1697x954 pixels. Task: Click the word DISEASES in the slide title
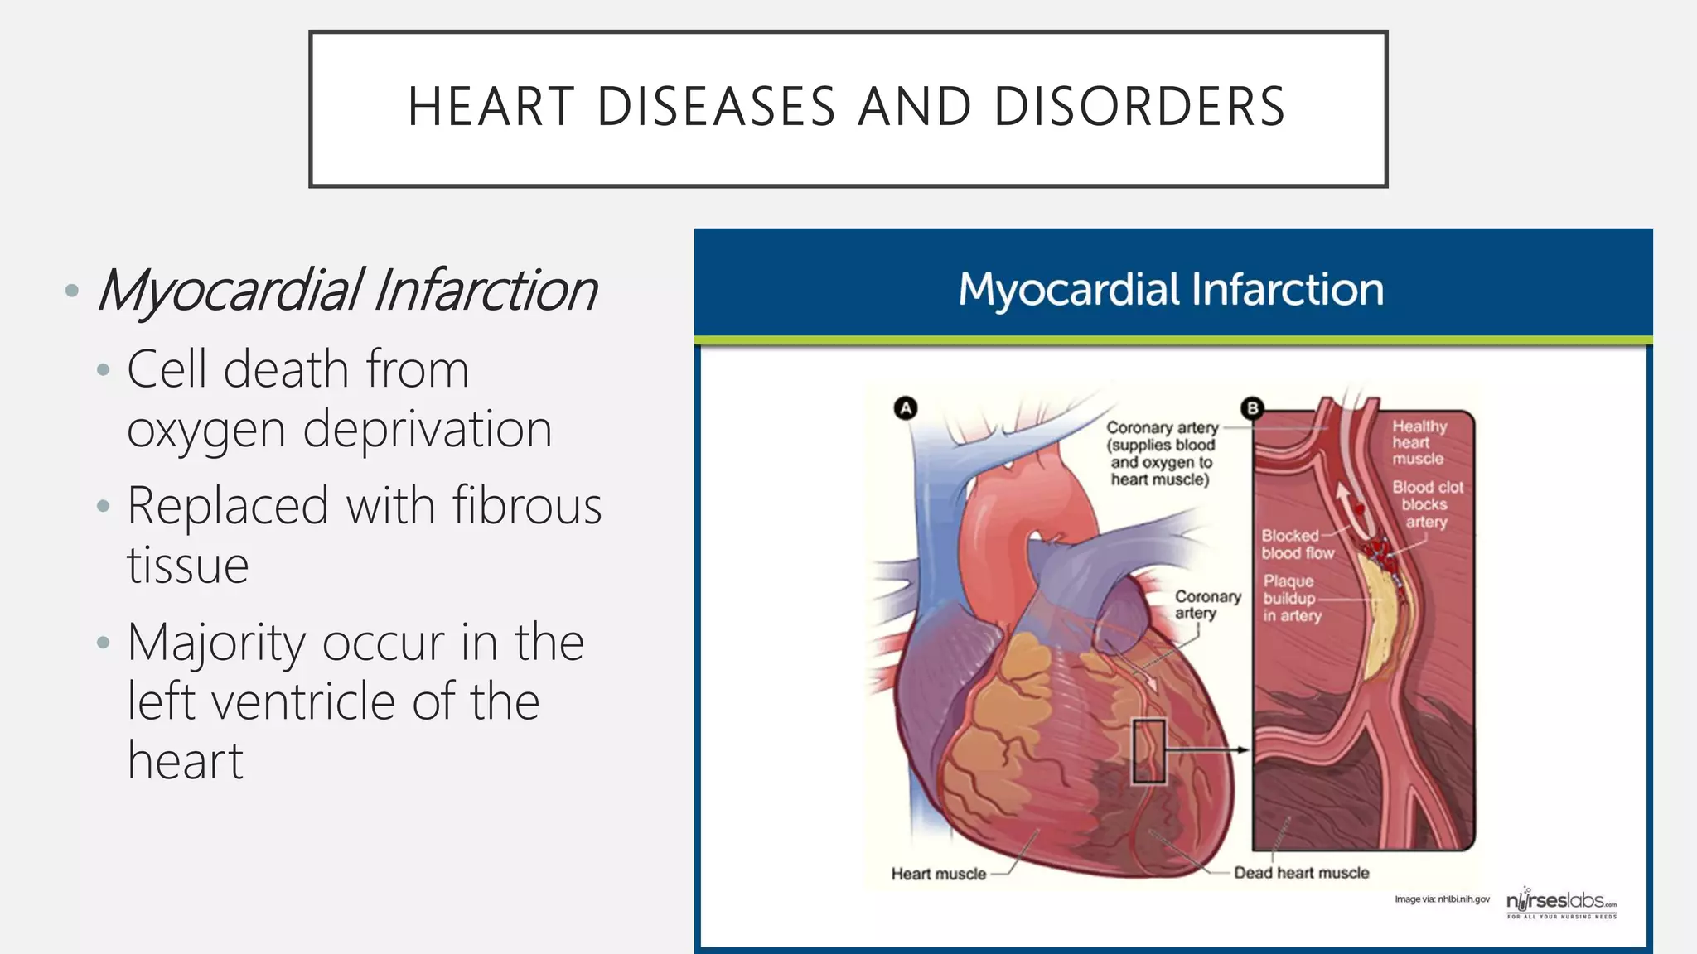pos(716,107)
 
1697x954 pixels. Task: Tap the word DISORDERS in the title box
pos(1139,107)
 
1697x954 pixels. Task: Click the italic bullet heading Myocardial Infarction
pos(347,291)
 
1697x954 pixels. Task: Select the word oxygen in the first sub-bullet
pos(205,430)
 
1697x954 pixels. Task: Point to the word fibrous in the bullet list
pos(527,505)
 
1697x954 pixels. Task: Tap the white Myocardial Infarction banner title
pos(1171,290)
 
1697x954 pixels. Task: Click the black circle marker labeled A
pos(906,407)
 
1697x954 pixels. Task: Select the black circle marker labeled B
pos(1252,407)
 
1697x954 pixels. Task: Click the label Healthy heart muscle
pos(1419,442)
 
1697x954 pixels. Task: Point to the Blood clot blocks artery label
pos(1427,504)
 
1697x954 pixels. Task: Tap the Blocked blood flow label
pos(1297,544)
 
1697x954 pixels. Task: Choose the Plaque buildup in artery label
pos(1291,598)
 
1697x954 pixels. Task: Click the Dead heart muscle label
pos(1301,873)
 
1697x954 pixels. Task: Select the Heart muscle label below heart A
pos(938,874)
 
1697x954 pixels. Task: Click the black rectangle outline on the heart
pos(1148,751)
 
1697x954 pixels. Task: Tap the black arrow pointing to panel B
pos(1210,749)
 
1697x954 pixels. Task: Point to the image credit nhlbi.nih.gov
pos(1442,899)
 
